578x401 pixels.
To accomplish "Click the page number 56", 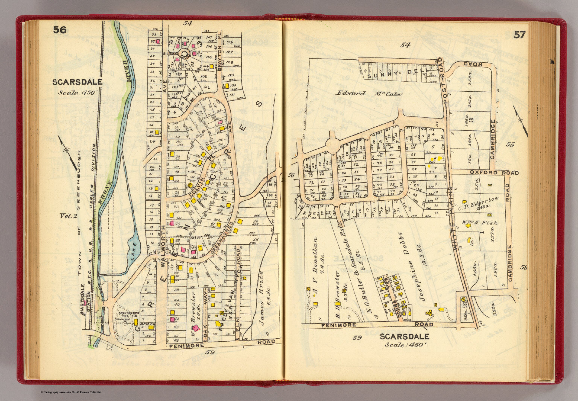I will click(59, 30).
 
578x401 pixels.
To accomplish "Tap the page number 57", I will click(519, 35).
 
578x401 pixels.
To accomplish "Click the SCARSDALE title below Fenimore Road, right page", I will click(405, 336).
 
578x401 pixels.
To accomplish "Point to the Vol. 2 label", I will click(68, 216).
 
